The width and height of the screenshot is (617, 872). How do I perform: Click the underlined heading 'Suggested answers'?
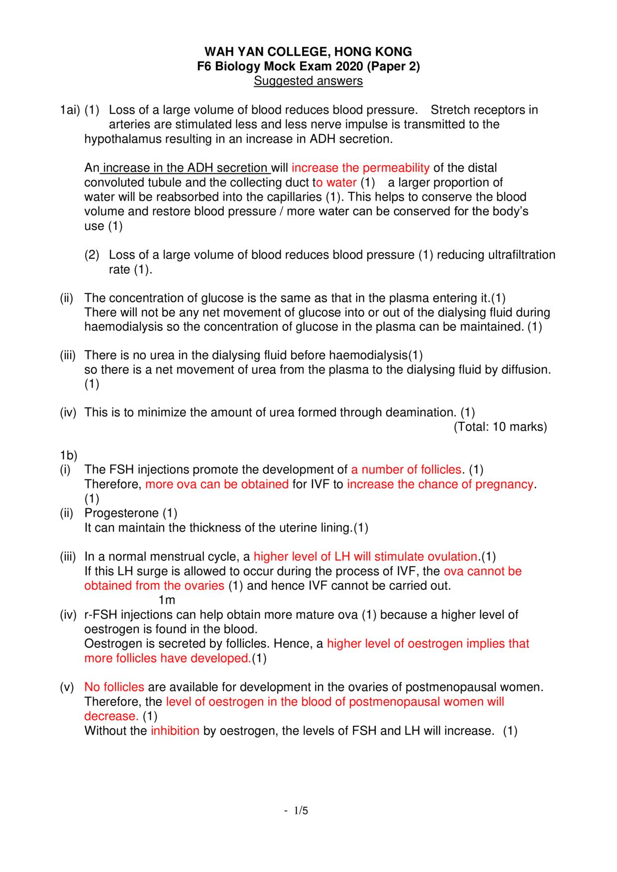point(308,81)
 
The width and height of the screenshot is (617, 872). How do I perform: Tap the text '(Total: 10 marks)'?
point(500,427)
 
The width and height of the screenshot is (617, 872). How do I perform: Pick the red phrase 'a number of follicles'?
point(406,470)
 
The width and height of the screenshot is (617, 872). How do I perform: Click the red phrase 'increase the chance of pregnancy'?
point(440,484)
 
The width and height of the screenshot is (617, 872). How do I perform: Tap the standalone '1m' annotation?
point(167,600)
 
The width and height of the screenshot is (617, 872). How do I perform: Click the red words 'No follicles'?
point(114,687)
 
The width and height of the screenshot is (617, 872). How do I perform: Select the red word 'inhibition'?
point(175,731)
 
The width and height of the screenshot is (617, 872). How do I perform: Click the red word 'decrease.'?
point(111,716)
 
